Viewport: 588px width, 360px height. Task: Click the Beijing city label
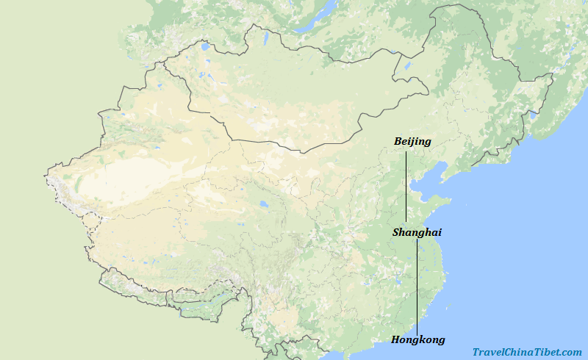(412, 141)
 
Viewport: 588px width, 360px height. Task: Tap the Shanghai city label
(417, 232)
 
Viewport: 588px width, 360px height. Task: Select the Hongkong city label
(417, 339)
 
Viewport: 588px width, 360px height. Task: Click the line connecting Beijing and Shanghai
(406, 187)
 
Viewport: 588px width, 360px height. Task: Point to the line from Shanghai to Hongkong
(417, 287)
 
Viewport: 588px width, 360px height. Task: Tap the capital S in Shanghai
(396, 232)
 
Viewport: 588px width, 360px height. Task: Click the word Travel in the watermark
(488, 353)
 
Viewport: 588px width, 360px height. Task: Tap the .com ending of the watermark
(572, 353)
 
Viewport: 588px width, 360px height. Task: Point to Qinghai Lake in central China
(262, 205)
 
